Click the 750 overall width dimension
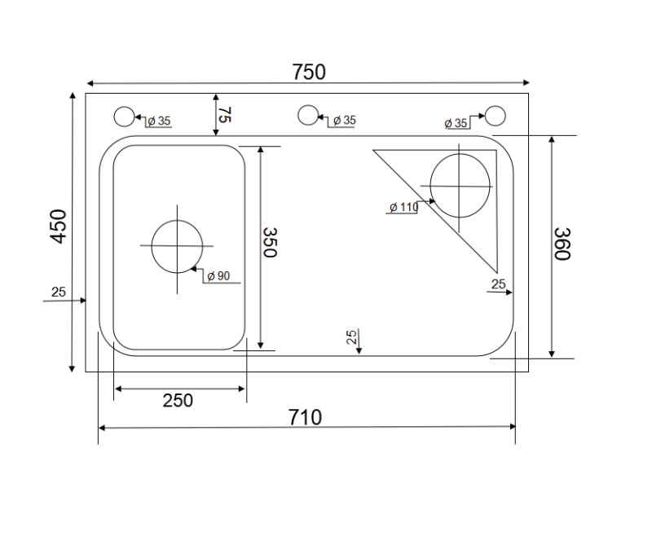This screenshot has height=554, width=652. click(x=309, y=72)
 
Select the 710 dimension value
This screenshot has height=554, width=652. click(x=306, y=417)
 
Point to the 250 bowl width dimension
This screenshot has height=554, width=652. click(x=178, y=400)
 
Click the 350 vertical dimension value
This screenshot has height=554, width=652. click(x=270, y=242)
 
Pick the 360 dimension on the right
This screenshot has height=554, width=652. click(x=562, y=244)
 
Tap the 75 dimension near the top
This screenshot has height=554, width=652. click(x=224, y=114)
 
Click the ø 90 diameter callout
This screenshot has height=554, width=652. click(x=218, y=276)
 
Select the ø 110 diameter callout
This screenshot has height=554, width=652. click(x=403, y=208)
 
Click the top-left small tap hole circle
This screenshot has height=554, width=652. click(x=123, y=117)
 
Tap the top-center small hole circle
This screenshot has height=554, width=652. click(x=307, y=115)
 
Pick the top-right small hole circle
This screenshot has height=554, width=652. click(x=495, y=116)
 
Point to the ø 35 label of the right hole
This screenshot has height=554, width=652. click(x=456, y=123)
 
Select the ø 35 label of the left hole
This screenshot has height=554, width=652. click(x=158, y=121)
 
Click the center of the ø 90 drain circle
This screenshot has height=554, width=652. click(x=177, y=246)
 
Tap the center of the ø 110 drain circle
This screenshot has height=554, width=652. click(x=460, y=186)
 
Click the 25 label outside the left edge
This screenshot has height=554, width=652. click(x=59, y=292)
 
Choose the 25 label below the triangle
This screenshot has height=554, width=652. click(x=499, y=284)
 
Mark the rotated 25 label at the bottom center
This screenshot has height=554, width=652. click(x=351, y=338)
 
